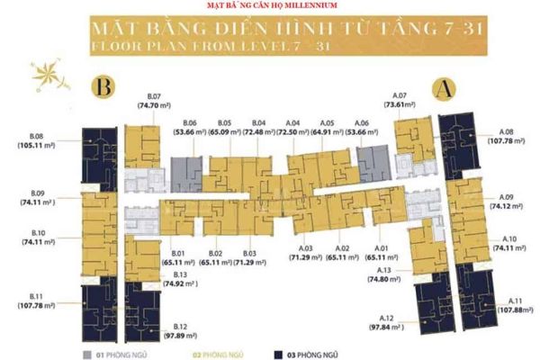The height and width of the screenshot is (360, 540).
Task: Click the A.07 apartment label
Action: click(400, 95)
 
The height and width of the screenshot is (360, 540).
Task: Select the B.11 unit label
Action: click(37, 296)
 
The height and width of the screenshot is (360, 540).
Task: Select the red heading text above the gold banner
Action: click(270, 6)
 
